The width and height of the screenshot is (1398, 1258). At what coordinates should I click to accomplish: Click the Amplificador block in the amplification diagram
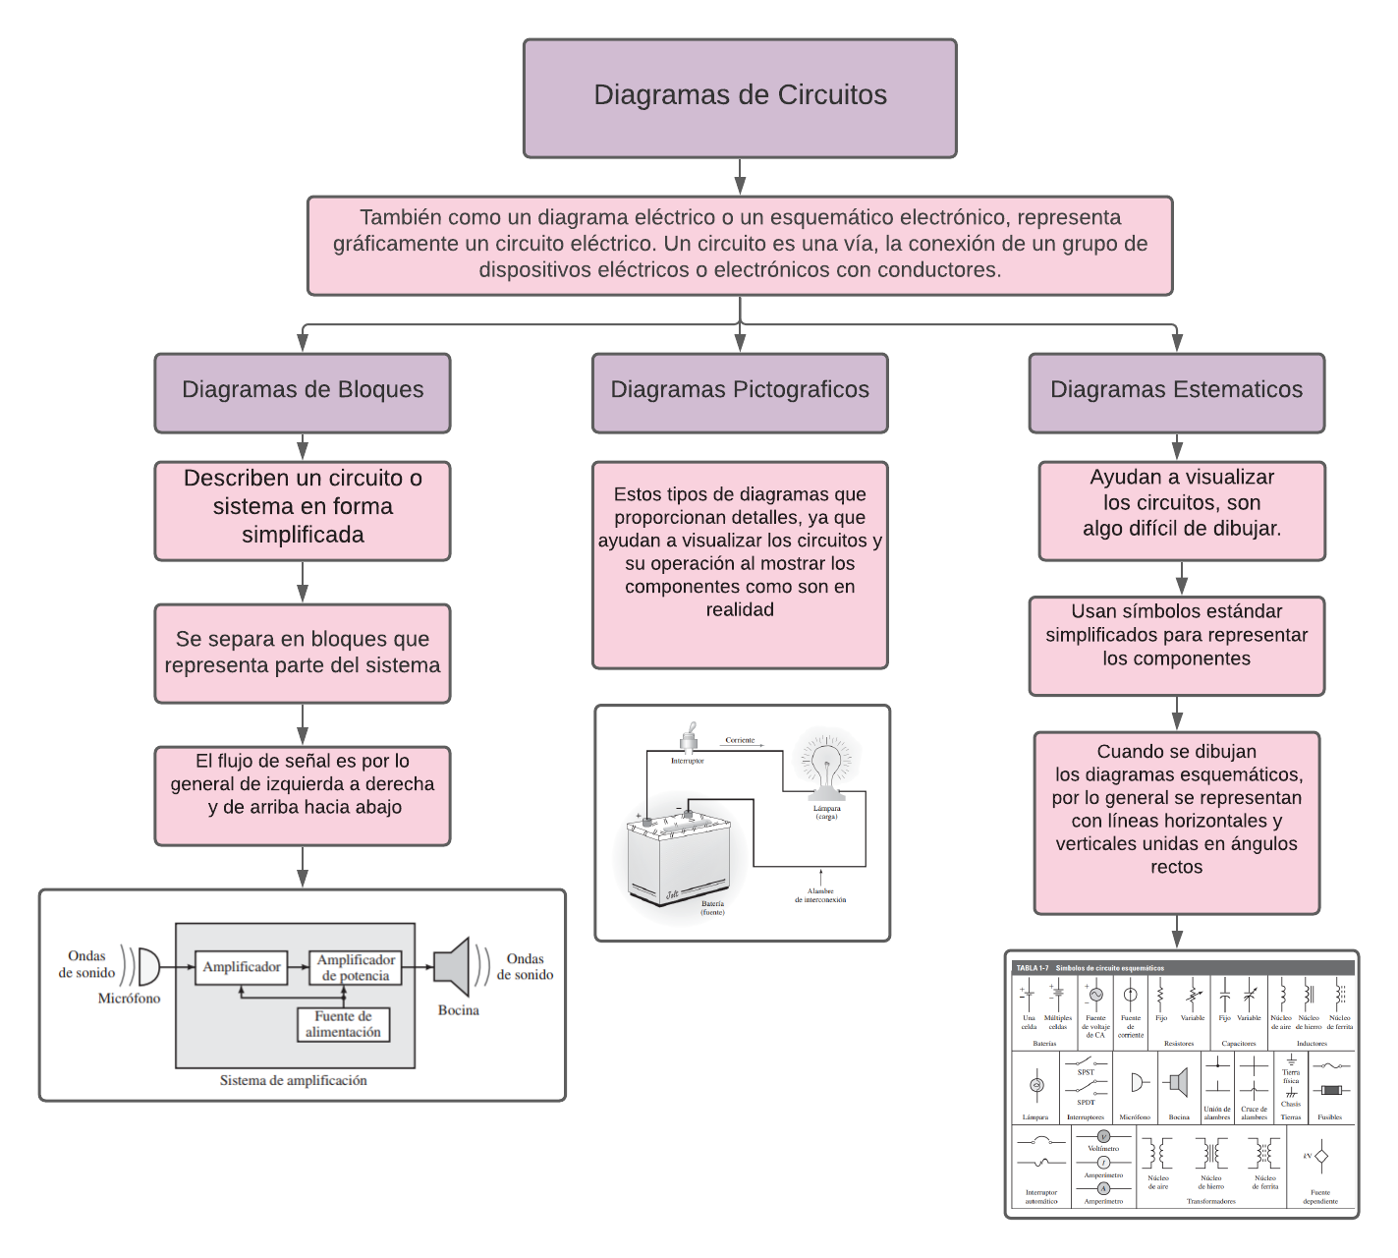[x=241, y=967]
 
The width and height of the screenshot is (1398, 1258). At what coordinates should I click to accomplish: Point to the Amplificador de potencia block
[x=356, y=967]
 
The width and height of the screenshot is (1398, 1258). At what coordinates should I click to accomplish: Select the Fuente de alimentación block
[x=343, y=1024]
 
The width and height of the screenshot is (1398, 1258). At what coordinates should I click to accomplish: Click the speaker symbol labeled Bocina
[x=453, y=967]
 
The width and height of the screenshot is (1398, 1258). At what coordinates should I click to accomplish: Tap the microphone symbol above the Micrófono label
[x=147, y=966]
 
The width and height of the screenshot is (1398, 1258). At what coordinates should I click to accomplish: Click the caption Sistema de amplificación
[x=293, y=1080]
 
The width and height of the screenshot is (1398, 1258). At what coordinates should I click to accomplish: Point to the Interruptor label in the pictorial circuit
[x=687, y=761]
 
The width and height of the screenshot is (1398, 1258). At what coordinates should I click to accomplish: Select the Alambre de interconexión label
[x=820, y=895]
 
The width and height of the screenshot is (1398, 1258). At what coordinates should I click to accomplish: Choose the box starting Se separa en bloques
[x=303, y=653]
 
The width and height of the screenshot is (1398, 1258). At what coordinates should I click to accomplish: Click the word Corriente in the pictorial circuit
[x=740, y=740]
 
